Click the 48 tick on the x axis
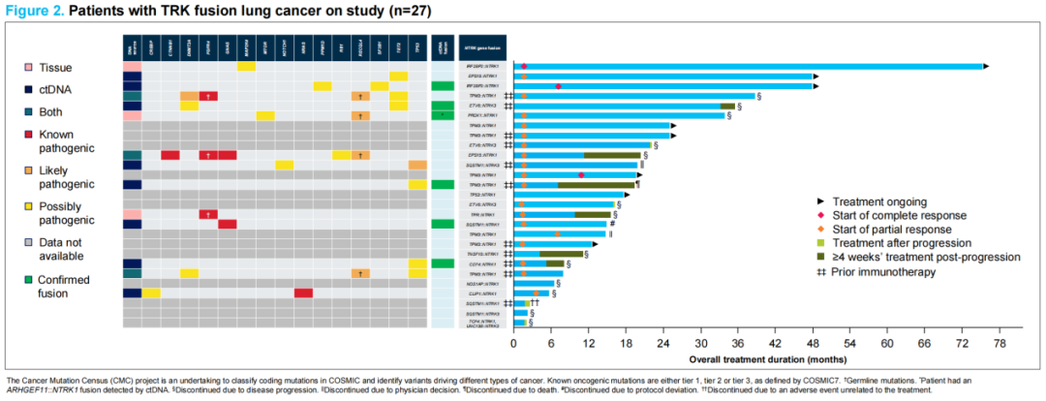[813, 343]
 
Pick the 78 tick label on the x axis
[1000, 343]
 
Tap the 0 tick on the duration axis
[513, 343]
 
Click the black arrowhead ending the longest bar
[986, 66]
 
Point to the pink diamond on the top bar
[524, 66]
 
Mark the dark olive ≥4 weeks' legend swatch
[820, 257]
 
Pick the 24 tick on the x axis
[663, 343]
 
